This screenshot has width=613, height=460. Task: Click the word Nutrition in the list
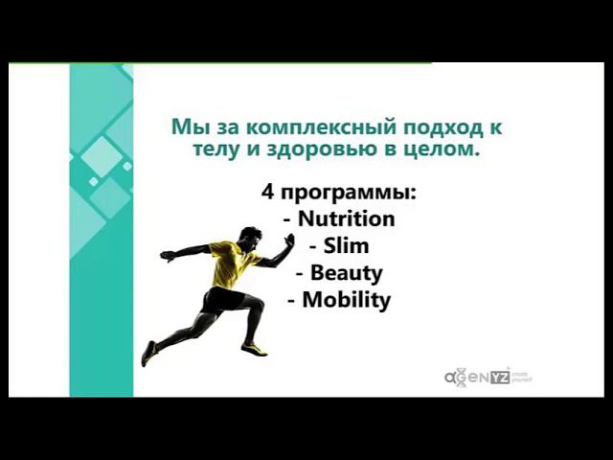[x=346, y=218]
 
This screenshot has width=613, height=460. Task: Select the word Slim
[x=346, y=246]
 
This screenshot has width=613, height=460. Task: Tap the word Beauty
[x=346, y=273]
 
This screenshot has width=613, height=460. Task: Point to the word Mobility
[x=346, y=300]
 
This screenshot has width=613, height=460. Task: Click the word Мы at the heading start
[x=185, y=126]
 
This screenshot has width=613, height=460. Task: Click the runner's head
[x=250, y=235]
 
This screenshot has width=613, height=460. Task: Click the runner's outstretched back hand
[x=167, y=256]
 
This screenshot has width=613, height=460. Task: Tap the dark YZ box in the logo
[x=500, y=376]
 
